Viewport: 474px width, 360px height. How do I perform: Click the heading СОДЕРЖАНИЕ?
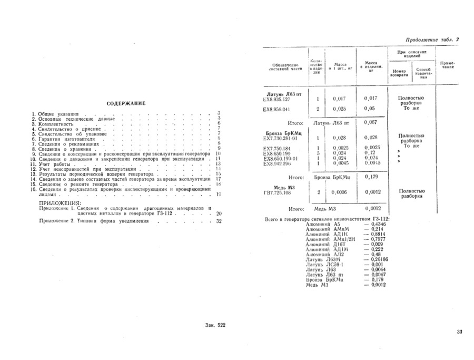[x=126, y=103]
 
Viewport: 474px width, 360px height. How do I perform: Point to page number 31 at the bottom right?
[x=459, y=332]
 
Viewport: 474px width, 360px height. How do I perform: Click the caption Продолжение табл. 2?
[x=433, y=40]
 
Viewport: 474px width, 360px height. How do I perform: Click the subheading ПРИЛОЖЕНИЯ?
[x=60, y=202]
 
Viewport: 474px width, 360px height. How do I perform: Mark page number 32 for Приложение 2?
[x=219, y=221]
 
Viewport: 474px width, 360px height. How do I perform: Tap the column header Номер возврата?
[x=399, y=73]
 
